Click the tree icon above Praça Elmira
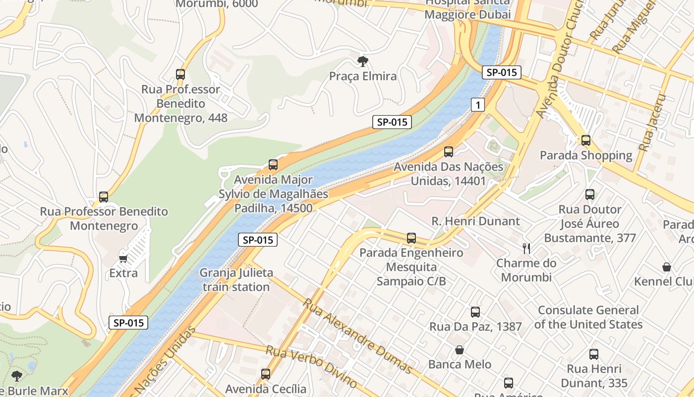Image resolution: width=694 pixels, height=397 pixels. (x=363, y=62)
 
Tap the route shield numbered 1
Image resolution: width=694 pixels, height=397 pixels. (x=477, y=104)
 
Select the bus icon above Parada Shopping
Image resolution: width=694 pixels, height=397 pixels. (x=586, y=140)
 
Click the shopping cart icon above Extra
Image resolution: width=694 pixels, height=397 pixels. (x=123, y=259)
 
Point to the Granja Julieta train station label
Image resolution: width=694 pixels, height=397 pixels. (x=236, y=280)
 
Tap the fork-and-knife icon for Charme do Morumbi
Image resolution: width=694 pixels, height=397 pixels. (x=526, y=248)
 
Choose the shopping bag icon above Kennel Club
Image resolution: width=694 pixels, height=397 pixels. (x=667, y=267)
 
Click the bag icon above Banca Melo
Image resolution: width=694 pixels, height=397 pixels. (x=460, y=350)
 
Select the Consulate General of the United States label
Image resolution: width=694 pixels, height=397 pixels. (x=588, y=317)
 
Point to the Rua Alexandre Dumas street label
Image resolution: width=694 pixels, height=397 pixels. (x=357, y=336)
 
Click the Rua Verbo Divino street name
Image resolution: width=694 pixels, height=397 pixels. (x=311, y=366)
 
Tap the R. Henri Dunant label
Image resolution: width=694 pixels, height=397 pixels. (x=475, y=221)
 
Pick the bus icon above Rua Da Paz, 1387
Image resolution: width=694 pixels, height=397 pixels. (x=475, y=312)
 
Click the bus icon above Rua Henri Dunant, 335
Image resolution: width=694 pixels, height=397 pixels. (x=594, y=354)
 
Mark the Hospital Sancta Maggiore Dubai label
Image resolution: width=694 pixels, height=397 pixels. (x=467, y=9)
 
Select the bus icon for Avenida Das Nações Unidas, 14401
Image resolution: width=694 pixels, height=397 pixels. (x=449, y=152)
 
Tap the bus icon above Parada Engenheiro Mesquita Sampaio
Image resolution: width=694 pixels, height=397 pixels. (x=411, y=238)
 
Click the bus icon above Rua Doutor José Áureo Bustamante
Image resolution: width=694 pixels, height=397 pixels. (x=590, y=195)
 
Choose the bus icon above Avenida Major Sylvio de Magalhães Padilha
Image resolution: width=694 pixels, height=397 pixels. (x=273, y=165)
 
